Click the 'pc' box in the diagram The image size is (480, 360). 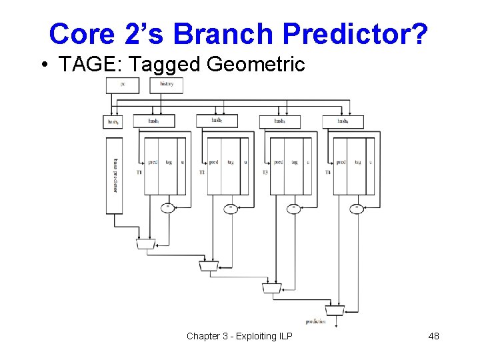123,85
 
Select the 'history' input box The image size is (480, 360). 166,85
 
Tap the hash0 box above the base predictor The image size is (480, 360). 113,121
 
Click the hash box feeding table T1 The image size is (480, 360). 153,121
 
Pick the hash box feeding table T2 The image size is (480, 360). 217,121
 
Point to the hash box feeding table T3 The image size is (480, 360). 280,121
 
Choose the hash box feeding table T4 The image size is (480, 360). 343,121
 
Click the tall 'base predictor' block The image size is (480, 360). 114,176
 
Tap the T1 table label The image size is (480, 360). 139,172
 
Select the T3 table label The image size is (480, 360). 265,172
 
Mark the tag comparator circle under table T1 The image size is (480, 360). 168,208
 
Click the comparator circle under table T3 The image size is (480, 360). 293,208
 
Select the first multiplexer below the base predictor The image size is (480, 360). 144,245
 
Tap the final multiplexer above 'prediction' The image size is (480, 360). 334,310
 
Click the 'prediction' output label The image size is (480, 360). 316,321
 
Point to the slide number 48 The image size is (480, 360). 433,336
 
